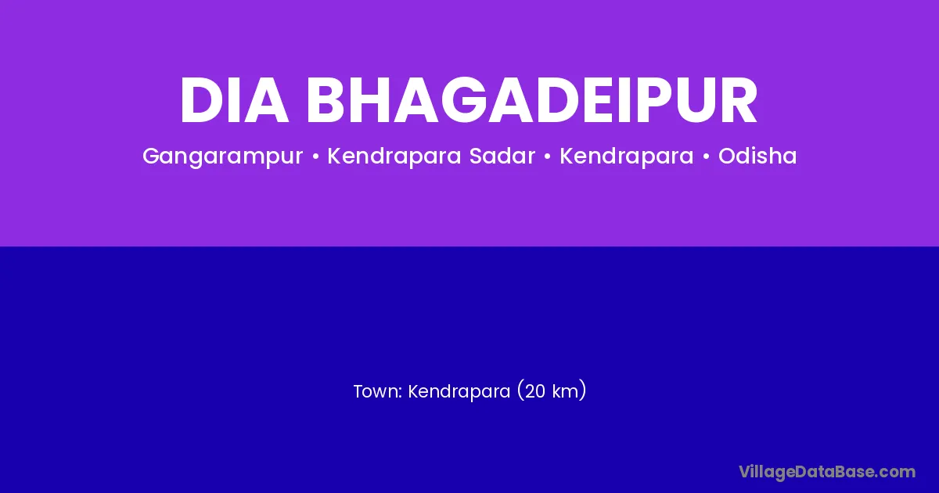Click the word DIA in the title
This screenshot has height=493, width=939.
click(x=235, y=100)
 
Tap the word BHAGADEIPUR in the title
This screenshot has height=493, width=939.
click(x=532, y=100)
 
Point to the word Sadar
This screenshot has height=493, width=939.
click(x=502, y=156)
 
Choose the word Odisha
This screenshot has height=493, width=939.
click(x=757, y=156)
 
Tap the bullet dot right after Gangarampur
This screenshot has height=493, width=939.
click(x=315, y=157)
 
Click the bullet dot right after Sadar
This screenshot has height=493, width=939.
click(x=547, y=157)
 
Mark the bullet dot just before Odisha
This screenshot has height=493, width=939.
click(x=706, y=157)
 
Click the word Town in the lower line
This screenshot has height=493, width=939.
click(x=378, y=391)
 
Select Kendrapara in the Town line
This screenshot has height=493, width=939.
click(x=459, y=392)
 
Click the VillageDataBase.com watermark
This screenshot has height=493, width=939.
click(x=827, y=473)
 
